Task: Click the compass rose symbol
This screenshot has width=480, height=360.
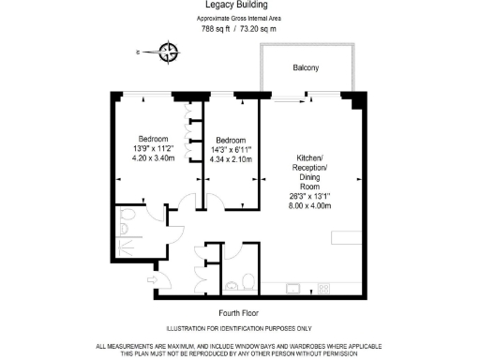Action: click(x=168, y=52)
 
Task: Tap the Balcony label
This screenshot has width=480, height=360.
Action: click(x=306, y=67)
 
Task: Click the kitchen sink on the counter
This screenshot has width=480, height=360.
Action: click(x=294, y=287)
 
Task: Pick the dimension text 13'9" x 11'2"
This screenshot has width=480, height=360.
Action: click(x=154, y=148)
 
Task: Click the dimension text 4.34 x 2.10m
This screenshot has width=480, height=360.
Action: click(x=231, y=159)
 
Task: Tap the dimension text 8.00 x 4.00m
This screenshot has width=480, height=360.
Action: click(x=310, y=206)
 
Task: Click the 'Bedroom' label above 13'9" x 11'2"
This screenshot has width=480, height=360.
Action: click(x=154, y=138)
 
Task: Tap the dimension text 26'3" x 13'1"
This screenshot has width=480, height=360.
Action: click(x=310, y=196)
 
